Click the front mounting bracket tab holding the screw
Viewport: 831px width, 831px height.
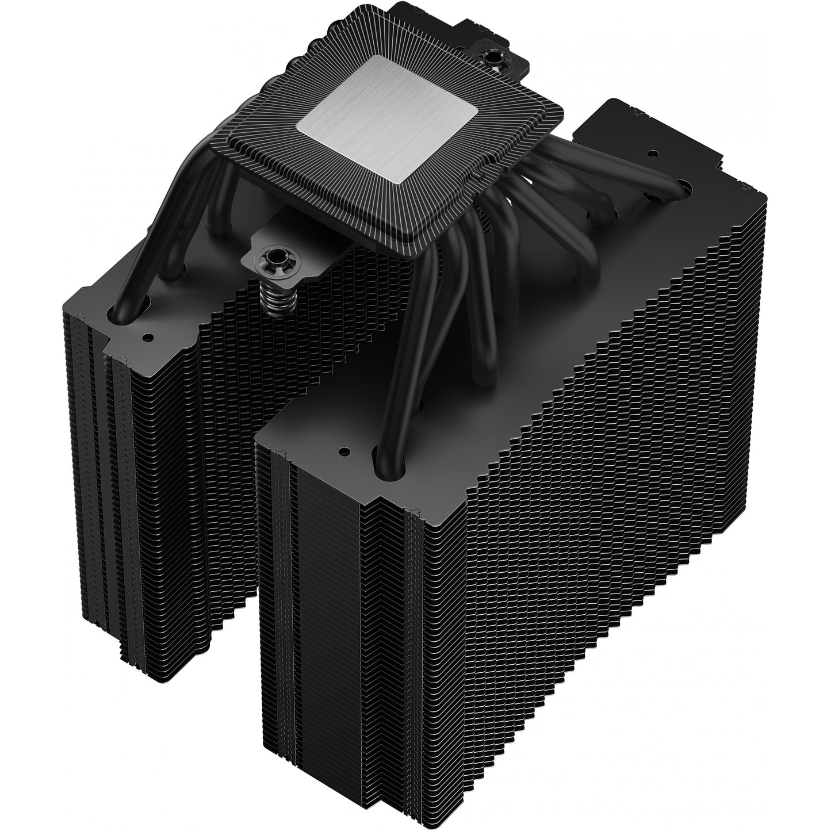tap(288, 250)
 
